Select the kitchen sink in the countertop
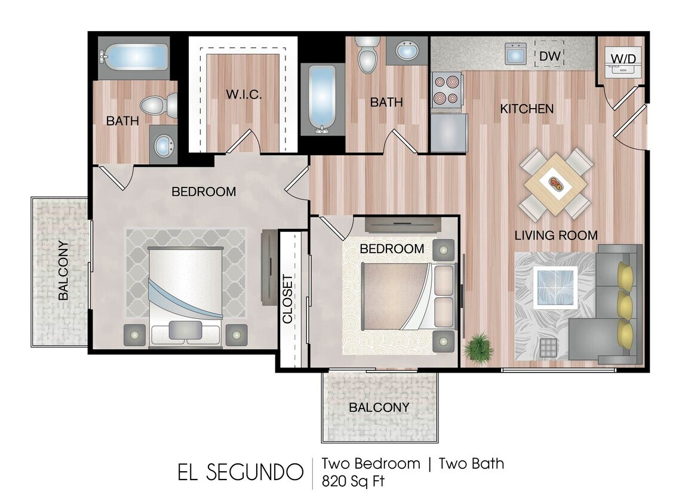click(x=515, y=54)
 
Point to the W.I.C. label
click(x=244, y=94)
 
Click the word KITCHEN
click(x=527, y=109)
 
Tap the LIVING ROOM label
click(x=556, y=235)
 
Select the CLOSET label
click(x=288, y=299)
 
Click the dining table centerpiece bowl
click(x=555, y=185)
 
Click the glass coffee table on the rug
click(x=555, y=288)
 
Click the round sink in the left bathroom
click(x=163, y=145)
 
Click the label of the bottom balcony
click(x=379, y=407)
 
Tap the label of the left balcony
click(x=63, y=270)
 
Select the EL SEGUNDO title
click(x=239, y=472)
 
